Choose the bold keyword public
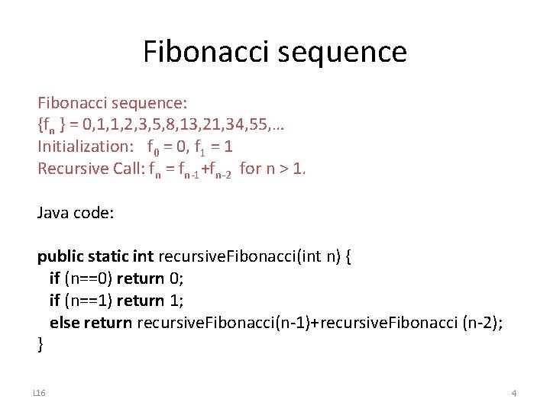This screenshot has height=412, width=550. pyautogui.click(x=60, y=257)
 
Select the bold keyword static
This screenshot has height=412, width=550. pyautogui.click(x=109, y=257)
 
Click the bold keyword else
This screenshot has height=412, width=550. pyautogui.click(x=64, y=322)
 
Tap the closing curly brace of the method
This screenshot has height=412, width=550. pyautogui.click(x=41, y=344)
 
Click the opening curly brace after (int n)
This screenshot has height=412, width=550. pyautogui.click(x=348, y=257)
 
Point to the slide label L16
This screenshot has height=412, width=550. pyautogui.click(x=40, y=393)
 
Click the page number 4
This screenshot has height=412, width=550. pyautogui.click(x=513, y=393)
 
